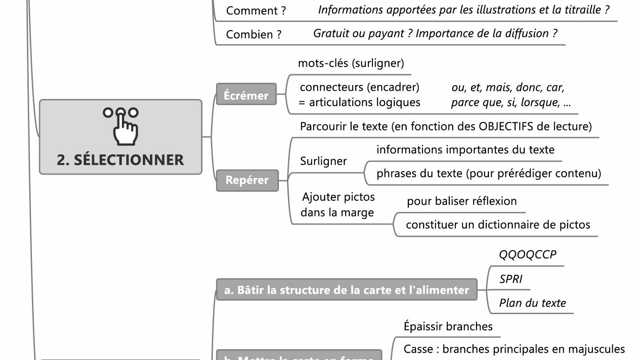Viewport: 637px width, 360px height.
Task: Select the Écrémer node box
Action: (246, 95)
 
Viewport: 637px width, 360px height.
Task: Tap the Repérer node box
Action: (247, 180)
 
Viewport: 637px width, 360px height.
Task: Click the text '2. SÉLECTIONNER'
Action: (120, 160)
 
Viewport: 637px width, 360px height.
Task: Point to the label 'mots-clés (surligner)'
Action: (351, 63)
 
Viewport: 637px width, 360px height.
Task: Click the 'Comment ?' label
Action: (256, 11)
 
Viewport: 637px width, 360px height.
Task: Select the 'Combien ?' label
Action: (254, 34)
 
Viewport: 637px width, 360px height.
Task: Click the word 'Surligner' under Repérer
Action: (323, 161)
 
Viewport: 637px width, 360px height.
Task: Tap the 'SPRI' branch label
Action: (511, 279)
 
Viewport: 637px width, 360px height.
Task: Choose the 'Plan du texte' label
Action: (533, 303)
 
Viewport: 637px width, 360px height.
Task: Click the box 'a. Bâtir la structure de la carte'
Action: (346, 290)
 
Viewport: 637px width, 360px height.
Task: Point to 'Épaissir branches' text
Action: (448, 326)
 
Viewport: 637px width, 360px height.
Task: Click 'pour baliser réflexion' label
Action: (462, 201)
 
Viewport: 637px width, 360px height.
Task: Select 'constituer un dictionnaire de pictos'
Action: (498, 225)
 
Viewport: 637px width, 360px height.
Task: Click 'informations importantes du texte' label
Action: (465, 149)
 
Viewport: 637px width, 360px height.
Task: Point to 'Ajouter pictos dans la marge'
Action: (338, 204)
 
